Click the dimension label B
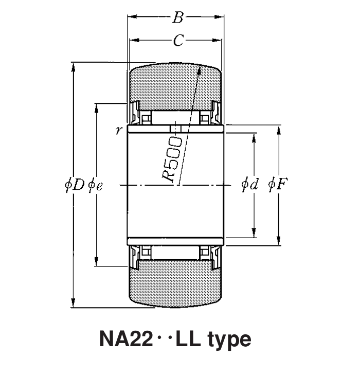tap(177, 19)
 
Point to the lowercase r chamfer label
tap(118, 130)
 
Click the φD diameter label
tap(74, 185)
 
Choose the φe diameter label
tap(96, 185)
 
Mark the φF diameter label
tap(278, 185)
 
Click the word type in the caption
tap(229, 339)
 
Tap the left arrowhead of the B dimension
tap(131, 18)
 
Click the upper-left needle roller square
tap(146, 118)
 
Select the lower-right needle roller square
tap(205, 252)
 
